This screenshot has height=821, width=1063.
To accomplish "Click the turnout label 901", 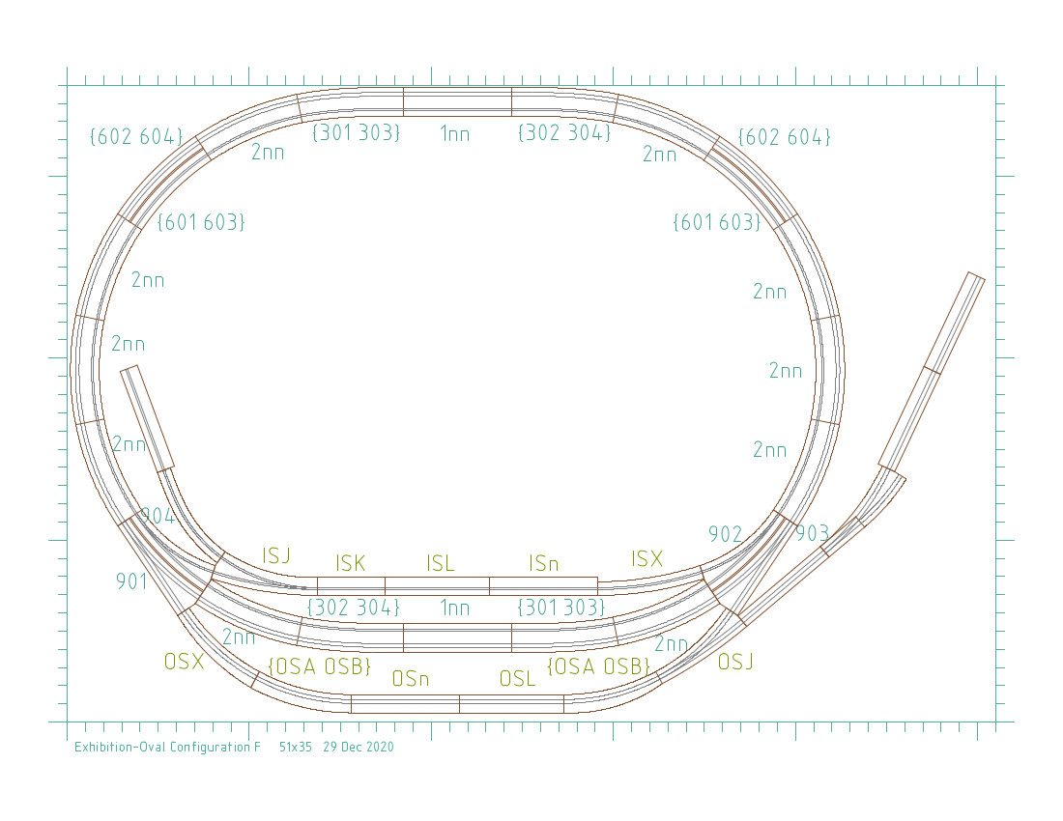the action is (x=131, y=581).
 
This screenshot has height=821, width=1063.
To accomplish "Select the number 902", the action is (x=726, y=534).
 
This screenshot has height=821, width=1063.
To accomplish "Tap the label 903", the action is (x=812, y=534).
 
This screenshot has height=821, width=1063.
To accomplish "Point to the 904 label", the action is (x=158, y=516).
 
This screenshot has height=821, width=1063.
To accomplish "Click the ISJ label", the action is (x=276, y=556).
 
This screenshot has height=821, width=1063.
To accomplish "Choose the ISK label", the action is (x=351, y=563).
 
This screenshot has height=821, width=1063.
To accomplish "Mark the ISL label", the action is (x=440, y=563).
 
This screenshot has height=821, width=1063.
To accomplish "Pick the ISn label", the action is (x=544, y=563).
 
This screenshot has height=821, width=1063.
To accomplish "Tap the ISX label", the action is (x=646, y=559).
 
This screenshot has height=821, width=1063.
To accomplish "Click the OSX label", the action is (x=184, y=661).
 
